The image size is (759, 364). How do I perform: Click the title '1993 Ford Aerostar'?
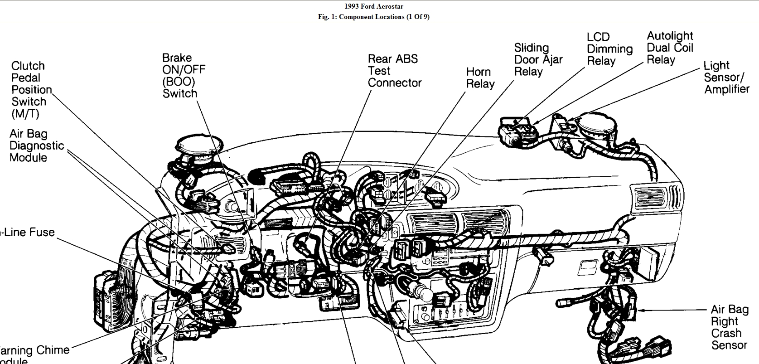click(373, 6)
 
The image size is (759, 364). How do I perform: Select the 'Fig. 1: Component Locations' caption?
click(373, 17)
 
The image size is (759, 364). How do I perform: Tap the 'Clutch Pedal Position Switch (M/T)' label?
click(31, 90)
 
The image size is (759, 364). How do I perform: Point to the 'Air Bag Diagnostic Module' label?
click(36, 146)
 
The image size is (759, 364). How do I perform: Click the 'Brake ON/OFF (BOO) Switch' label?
click(184, 76)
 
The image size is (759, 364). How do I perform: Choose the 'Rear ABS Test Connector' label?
click(394, 71)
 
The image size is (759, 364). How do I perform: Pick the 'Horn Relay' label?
click(480, 78)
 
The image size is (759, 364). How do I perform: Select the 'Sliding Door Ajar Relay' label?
click(538, 60)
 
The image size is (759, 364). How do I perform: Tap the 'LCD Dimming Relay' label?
click(609, 49)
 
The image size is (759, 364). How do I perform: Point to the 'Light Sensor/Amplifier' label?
click(726, 78)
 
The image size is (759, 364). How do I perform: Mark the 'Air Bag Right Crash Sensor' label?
click(730, 327)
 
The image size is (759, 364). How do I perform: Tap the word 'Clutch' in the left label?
click(28, 66)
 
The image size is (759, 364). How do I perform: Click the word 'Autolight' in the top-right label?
click(670, 36)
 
